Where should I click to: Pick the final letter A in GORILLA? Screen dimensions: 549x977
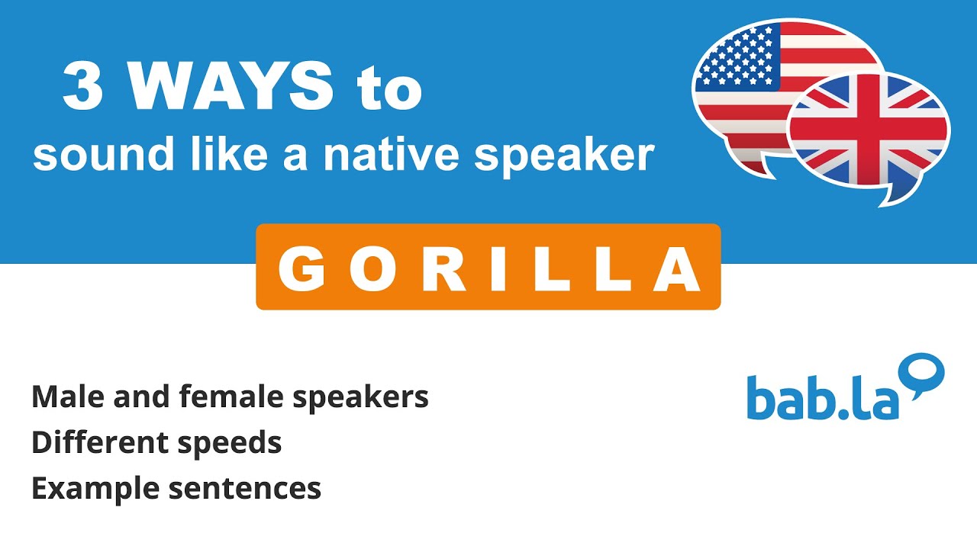tap(676, 269)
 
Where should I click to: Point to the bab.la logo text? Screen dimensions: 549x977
tap(823, 397)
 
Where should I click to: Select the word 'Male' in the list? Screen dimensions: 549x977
tap(68, 396)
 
